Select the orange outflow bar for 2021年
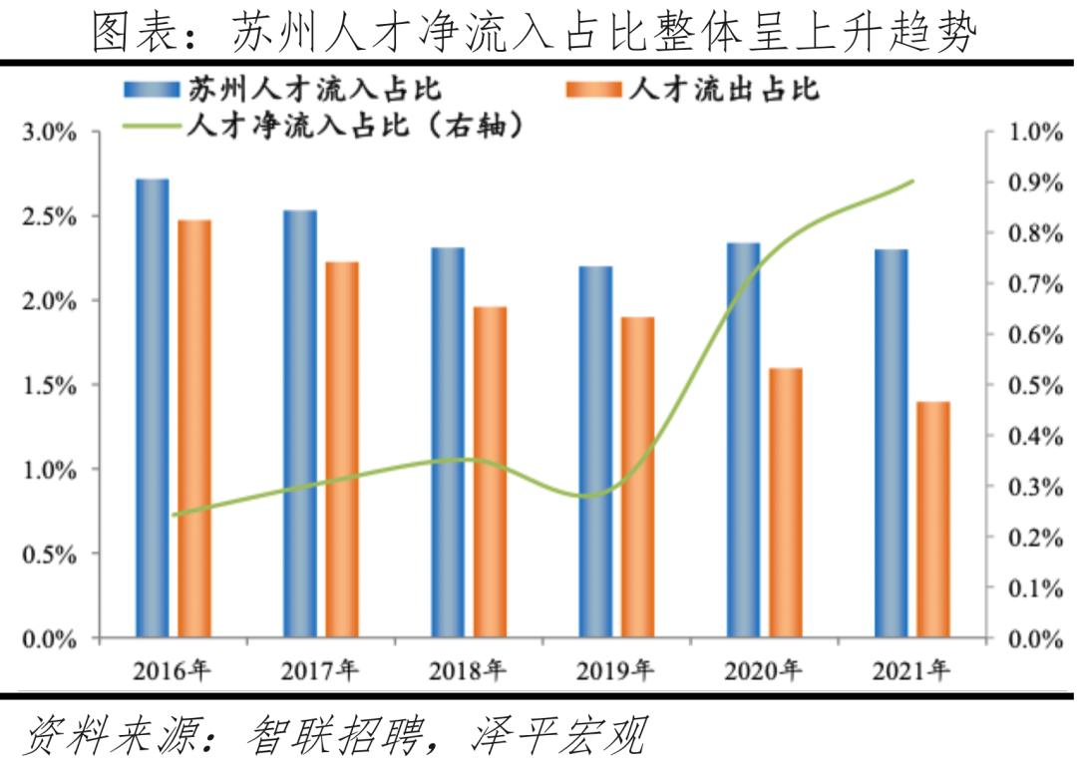[x=934, y=519]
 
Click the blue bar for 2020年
[x=743, y=439]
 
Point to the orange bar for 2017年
[x=342, y=449]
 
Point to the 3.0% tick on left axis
[x=50, y=133]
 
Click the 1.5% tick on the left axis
[x=50, y=385]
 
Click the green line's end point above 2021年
[x=912, y=182]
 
